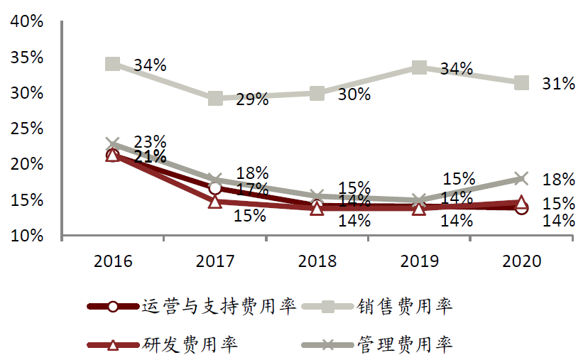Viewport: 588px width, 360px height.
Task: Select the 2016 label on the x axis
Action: point(113,261)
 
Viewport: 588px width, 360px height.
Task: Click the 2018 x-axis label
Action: point(317,261)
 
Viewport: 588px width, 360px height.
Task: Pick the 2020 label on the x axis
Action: point(521,261)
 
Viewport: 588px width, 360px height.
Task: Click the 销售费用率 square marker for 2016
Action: point(113,64)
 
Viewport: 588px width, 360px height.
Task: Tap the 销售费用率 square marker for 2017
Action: point(215,98)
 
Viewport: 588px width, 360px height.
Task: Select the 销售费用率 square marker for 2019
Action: point(419,67)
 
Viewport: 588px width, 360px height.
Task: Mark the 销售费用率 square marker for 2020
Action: point(521,83)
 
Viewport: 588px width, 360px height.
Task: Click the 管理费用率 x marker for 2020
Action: point(521,178)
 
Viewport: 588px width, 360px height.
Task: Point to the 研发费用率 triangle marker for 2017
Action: point(215,202)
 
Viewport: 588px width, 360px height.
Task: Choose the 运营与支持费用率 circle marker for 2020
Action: point(521,207)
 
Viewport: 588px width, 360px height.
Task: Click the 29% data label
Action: point(252,99)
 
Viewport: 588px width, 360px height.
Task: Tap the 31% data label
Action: point(558,84)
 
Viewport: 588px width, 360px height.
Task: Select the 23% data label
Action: point(149,141)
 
